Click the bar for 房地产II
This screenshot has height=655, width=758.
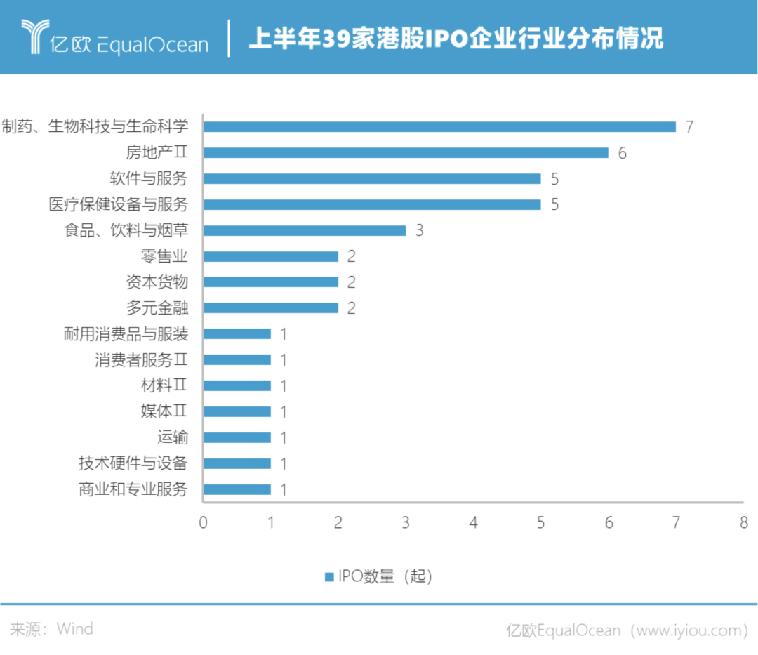pyautogui.click(x=406, y=152)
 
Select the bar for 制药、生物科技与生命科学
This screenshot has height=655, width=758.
pyautogui.click(x=439, y=126)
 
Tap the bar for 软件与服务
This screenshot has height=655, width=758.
pyautogui.click(x=372, y=178)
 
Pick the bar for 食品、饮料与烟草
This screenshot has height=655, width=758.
pyautogui.click(x=305, y=230)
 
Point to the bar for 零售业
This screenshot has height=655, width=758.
pyautogui.click(x=271, y=256)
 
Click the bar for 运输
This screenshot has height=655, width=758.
pyautogui.click(x=237, y=437)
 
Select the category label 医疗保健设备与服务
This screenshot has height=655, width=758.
pyautogui.click(x=119, y=204)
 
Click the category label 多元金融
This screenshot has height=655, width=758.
pyautogui.click(x=157, y=307)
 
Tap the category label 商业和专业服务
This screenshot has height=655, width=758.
pyautogui.click(x=133, y=489)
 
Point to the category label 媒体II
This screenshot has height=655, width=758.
pyautogui.click(x=164, y=411)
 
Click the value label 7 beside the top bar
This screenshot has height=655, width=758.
pyautogui.click(x=689, y=127)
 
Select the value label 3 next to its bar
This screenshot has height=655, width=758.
pyautogui.click(x=419, y=231)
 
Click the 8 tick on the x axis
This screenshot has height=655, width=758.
pyautogui.click(x=743, y=523)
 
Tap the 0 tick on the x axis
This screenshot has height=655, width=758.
pyautogui.click(x=204, y=523)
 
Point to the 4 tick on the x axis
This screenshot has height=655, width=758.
pyautogui.click(x=474, y=523)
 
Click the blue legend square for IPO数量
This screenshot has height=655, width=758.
pyautogui.click(x=328, y=577)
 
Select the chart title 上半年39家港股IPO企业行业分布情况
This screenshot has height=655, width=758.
pyautogui.click(x=456, y=39)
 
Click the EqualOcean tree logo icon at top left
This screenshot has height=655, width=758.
pyautogui.click(x=33, y=37)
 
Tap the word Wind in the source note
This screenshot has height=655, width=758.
pyautogui.click(x=74, y=628)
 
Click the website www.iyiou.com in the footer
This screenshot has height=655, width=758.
pyautogui.click(x=689, y=630)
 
